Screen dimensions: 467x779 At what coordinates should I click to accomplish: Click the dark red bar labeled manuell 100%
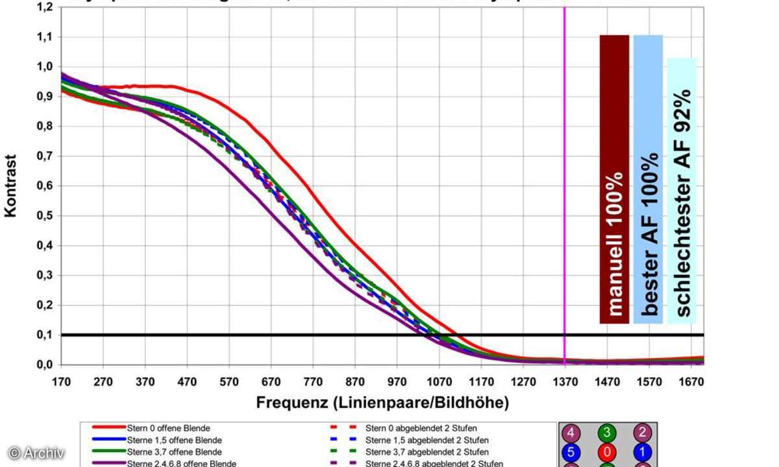(x=614, y=178)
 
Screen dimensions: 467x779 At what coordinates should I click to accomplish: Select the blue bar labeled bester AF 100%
(x=648, y=178)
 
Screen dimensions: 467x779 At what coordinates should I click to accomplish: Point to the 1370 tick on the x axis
(x=564, y=381)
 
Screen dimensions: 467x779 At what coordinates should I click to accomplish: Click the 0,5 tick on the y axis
(x=44, y=215)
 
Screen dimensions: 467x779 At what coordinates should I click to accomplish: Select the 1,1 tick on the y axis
(x=44, y=37)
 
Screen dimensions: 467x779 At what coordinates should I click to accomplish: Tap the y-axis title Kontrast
(x=11, y=186)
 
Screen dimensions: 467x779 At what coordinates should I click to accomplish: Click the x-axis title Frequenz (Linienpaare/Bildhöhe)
(x=382, y=403)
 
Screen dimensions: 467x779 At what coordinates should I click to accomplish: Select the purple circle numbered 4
(x=571, y=433)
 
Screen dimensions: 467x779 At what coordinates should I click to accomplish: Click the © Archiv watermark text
(x=36, y=453)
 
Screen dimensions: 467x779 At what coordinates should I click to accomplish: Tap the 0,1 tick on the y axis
(x=44, y=335)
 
